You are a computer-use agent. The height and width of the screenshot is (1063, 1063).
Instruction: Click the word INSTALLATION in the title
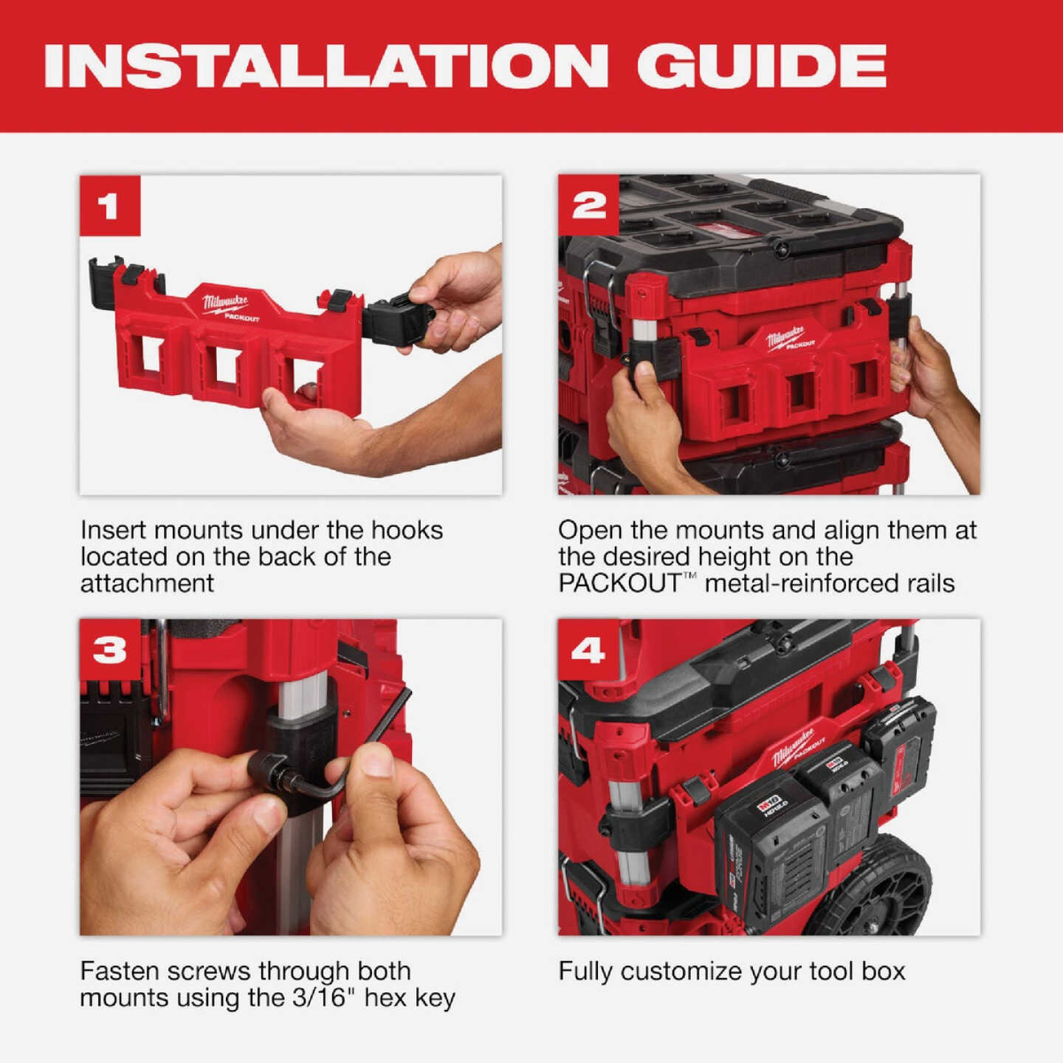(x=326, y=66)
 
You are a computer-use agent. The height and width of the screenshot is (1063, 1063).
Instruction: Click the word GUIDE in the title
(x=761, y=66)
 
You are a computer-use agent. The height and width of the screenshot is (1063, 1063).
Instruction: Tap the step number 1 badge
(x=109, y=206)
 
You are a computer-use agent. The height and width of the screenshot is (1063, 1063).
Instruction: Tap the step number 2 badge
(x=588, y=206)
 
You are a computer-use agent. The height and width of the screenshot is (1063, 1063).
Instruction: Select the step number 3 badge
(x=109, y=650)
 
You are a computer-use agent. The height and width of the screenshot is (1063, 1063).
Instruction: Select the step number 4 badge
(x=588, y=650)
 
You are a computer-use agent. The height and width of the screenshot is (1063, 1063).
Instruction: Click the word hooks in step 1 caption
(x=407, y=530)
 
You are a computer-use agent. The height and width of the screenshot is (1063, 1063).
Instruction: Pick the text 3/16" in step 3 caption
(x=320, y=998)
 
